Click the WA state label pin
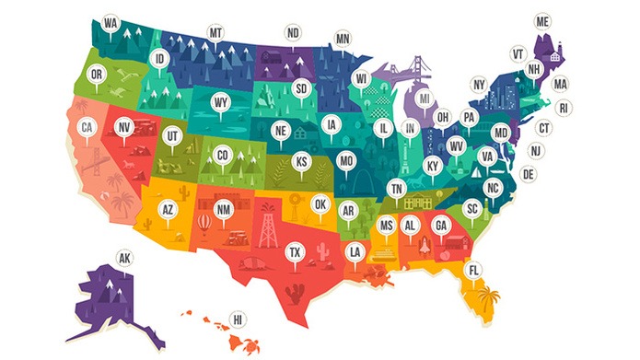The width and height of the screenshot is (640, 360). point(111,22)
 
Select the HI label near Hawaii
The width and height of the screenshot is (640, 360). point(238,319)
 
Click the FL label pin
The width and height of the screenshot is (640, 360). point(472,270)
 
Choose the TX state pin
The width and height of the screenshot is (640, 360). point(294,251)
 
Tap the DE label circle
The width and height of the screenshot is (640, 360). point(528,173)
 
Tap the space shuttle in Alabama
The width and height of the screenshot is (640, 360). point(421,244)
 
